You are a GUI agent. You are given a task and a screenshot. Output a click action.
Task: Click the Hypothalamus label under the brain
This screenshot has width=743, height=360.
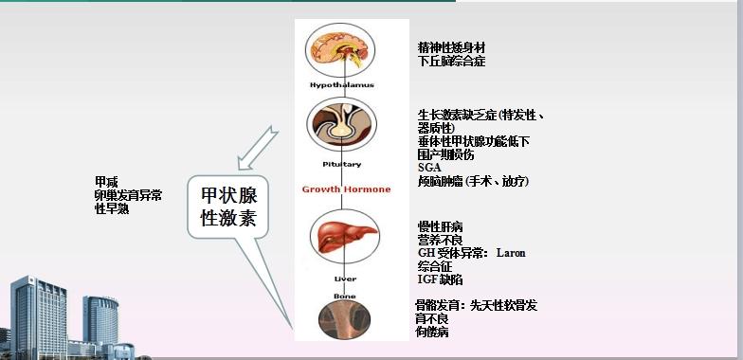tap(342, 85)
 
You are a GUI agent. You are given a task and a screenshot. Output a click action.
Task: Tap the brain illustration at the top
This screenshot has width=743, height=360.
tap(341, 48)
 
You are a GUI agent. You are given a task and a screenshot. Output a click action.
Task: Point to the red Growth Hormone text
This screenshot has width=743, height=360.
tap(346, 189)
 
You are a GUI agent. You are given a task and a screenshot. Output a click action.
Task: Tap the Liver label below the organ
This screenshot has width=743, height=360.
tap(345, 279)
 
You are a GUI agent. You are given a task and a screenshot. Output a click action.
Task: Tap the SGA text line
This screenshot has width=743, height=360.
tap(428, 168)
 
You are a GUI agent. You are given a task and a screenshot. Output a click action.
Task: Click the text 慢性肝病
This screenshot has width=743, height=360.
tap(440, 227)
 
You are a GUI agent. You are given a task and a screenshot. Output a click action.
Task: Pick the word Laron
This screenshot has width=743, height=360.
tap(510, 254)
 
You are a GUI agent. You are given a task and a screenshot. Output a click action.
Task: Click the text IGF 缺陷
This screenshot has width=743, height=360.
tap(440, 280)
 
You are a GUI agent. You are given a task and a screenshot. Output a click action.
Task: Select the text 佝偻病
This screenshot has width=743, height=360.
tap(432, 333)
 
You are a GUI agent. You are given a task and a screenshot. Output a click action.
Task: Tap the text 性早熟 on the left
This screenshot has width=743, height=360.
tap(112, 208)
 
